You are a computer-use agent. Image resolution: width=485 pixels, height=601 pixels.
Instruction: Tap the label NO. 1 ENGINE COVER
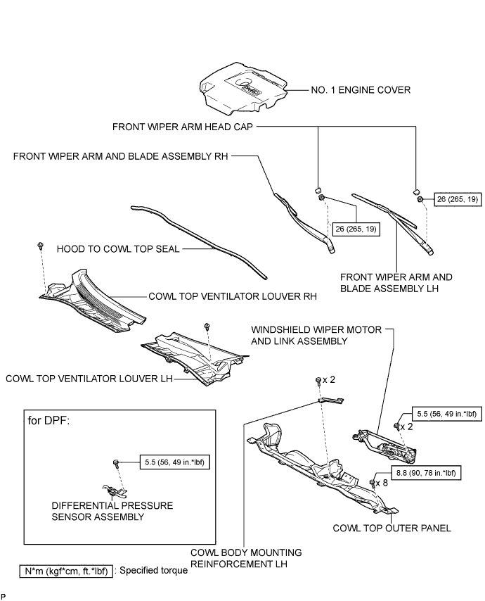(x=361, y=90)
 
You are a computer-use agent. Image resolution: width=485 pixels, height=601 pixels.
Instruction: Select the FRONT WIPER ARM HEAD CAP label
(x=183, y=127)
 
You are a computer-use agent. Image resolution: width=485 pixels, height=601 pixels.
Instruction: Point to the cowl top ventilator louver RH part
(x=93, y=302)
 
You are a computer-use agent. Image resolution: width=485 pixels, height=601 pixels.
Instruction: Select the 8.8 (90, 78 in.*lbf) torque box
(x=426, y=473)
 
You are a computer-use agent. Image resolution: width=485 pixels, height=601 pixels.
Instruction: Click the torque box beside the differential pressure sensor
(x=175, y=462)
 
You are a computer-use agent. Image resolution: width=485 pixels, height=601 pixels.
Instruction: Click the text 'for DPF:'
(x=48, y=420)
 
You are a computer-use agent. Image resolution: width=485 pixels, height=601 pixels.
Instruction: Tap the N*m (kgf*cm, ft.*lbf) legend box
(x=66, y=571)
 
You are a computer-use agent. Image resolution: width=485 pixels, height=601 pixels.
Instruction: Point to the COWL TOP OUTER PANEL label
(x=392, y=528)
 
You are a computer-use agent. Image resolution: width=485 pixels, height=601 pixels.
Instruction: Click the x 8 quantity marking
(x=382, y=483)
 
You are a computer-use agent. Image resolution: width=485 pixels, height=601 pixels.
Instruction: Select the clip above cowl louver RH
(x=39, y=246)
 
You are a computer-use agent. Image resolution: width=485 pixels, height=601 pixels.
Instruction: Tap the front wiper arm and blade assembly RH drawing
(x=304, y=222)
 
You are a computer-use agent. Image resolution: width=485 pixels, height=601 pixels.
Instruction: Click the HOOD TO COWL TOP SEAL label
(x=118, y=249)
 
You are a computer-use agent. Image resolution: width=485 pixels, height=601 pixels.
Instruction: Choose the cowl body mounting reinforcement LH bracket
(x=331, y=400)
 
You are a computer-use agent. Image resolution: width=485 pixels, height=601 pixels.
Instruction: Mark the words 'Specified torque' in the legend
(x=153, y=570)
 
